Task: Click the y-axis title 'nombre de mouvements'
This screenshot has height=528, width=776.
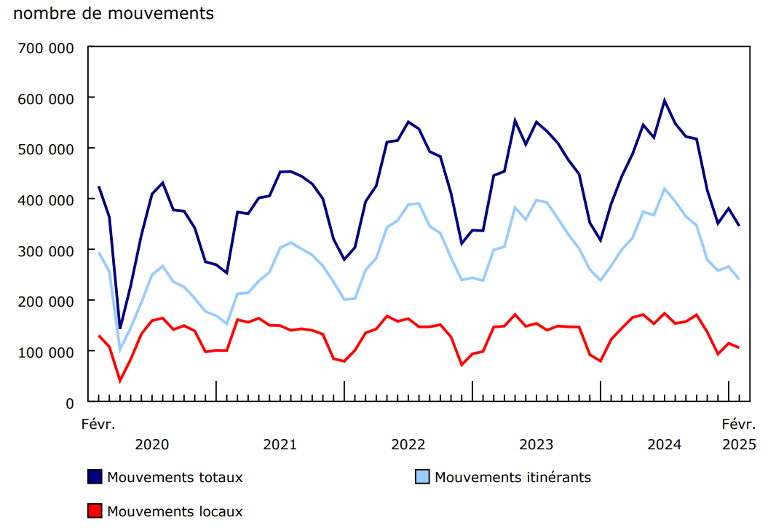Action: tap(114, 13)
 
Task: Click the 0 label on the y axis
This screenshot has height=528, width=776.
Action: tap(70, 403)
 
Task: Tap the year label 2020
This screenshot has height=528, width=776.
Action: tap(152, 444)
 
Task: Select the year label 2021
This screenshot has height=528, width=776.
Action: tap(280, 444)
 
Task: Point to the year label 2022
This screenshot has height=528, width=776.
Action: tap(408, 444)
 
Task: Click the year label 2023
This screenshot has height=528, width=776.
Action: tap(537, 444)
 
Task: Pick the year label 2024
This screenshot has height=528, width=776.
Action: tap(665, 444)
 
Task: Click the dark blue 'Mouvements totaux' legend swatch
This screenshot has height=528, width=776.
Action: tap(95, 477)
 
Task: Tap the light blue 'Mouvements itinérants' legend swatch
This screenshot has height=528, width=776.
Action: tap(422, 477)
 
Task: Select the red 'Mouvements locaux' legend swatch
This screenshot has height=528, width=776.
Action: tap(95, 511)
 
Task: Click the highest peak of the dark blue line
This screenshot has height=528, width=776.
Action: tap(665, 101)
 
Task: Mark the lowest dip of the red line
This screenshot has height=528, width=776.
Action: tap(120, 380)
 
